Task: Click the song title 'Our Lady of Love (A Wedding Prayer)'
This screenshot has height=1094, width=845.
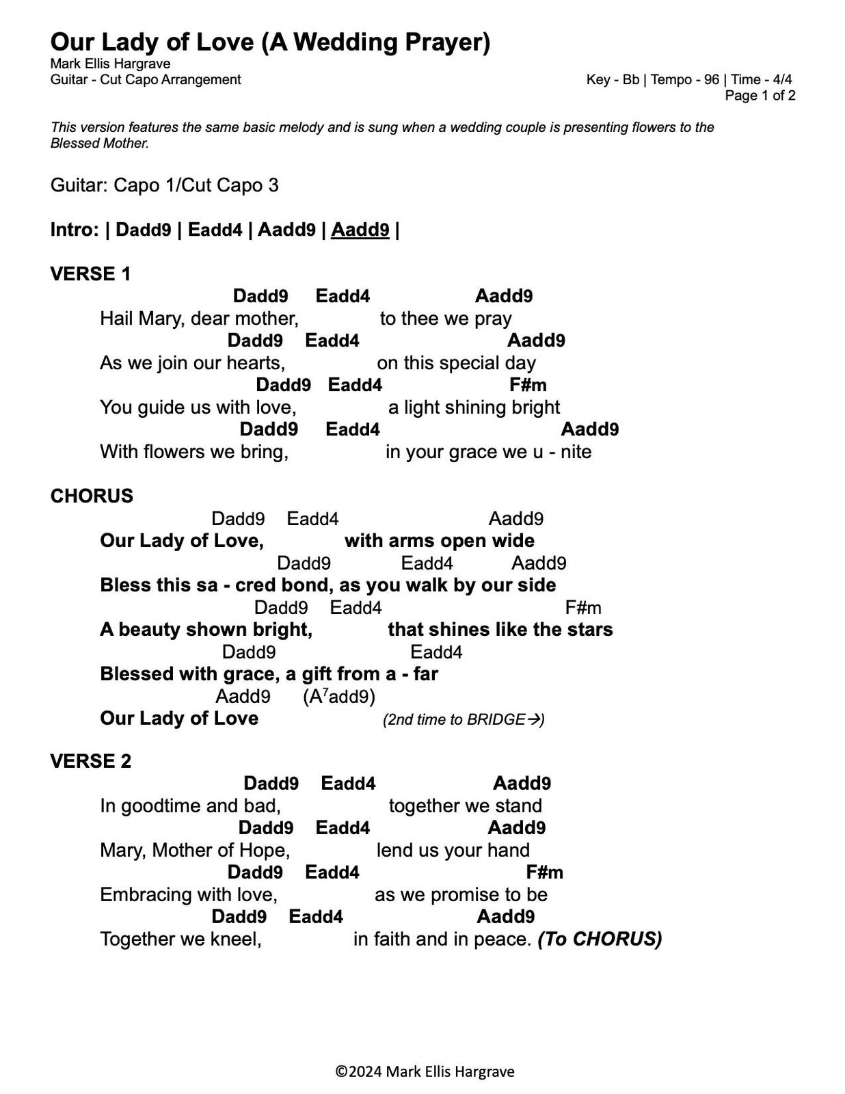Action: pyautogui.click(x=270, y=42)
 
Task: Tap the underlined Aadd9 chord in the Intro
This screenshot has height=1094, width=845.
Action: pyautogui.click(x=360, y=230)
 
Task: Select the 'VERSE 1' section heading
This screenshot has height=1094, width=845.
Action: pyautogui.click(x=90, y=274)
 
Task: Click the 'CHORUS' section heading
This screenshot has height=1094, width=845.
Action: pyautogui.click(x=92, y=496)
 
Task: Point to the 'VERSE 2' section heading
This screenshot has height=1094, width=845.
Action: pyautogui.click(x=90, y=761)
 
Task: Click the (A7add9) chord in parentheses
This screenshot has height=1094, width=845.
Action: pyautogui.click(x=339, y=697)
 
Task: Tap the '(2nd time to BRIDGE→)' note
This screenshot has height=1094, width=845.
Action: pyautogui.click(x=464, y=719)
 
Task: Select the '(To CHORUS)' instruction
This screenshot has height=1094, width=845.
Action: pyautogui.click(x=600, y=939)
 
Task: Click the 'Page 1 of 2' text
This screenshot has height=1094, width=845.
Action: pyautogui.click(x=760, y=96)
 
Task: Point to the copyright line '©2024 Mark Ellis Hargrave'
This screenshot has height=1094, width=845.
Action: pyautogui.click(x=425, y=1071)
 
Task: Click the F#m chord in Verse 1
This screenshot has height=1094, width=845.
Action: pyautogui.click(x=528, y=386)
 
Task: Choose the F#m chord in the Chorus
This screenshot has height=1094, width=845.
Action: pyautogui.click(x=583, y=608)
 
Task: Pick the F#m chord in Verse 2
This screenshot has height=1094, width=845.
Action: pyautogui.click(x=544, y=872)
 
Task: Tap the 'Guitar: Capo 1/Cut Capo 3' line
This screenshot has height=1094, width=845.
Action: pyautogui.click(x=164, y=186)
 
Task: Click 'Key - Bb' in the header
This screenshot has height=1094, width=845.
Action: pyautogui.click(x=613, y=80)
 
